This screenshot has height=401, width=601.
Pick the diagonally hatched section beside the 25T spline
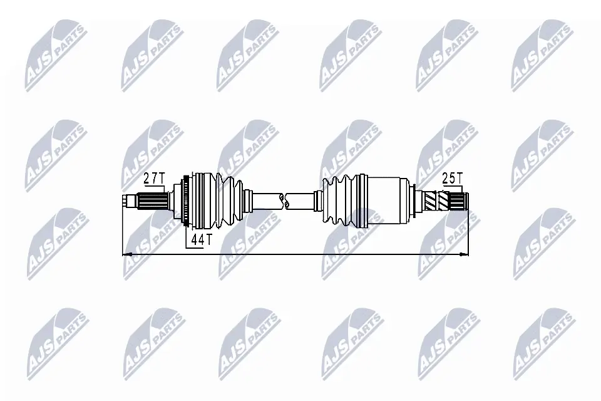(432, 201)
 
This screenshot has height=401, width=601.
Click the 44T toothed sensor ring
(185, 201)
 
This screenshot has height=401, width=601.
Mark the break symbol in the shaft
(287, 200)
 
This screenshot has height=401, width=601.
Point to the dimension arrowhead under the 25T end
(463, 254)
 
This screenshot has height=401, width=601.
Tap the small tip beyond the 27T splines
(129, 201)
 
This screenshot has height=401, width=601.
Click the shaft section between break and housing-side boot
(303, 200)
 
